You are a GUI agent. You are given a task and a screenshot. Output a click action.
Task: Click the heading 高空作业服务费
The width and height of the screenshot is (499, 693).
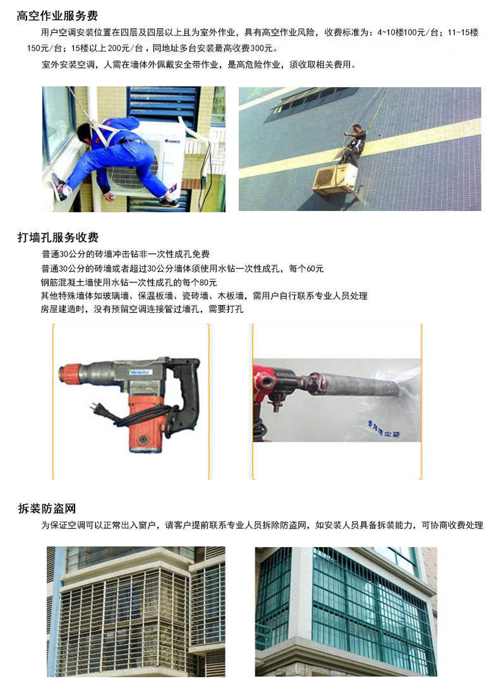(57, 16)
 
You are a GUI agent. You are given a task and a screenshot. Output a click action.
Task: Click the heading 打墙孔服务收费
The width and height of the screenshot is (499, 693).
(58, 238)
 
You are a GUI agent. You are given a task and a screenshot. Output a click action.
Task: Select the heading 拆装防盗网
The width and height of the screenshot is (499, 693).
(47, 509)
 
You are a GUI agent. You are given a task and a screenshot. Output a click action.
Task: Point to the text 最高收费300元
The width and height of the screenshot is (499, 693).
(246, 48)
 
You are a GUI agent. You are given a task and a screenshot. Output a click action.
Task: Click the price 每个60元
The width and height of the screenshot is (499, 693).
(306, 268)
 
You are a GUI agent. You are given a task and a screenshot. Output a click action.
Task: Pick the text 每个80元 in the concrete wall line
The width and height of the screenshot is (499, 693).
(200, 282)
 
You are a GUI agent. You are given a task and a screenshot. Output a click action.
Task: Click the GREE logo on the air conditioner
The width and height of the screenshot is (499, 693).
(172, 142)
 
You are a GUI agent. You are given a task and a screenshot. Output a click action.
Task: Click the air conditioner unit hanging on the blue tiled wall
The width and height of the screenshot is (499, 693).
(334, 180)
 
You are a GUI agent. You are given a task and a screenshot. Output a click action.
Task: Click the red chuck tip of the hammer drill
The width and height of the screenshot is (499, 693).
(69, 372)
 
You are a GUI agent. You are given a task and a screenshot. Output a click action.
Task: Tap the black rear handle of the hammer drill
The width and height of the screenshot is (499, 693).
(188, 394)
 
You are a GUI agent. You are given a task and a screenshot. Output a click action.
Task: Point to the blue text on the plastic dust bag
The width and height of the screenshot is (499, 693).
(383, 430)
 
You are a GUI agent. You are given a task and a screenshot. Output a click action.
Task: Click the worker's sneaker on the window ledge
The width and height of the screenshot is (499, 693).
(60, 187)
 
